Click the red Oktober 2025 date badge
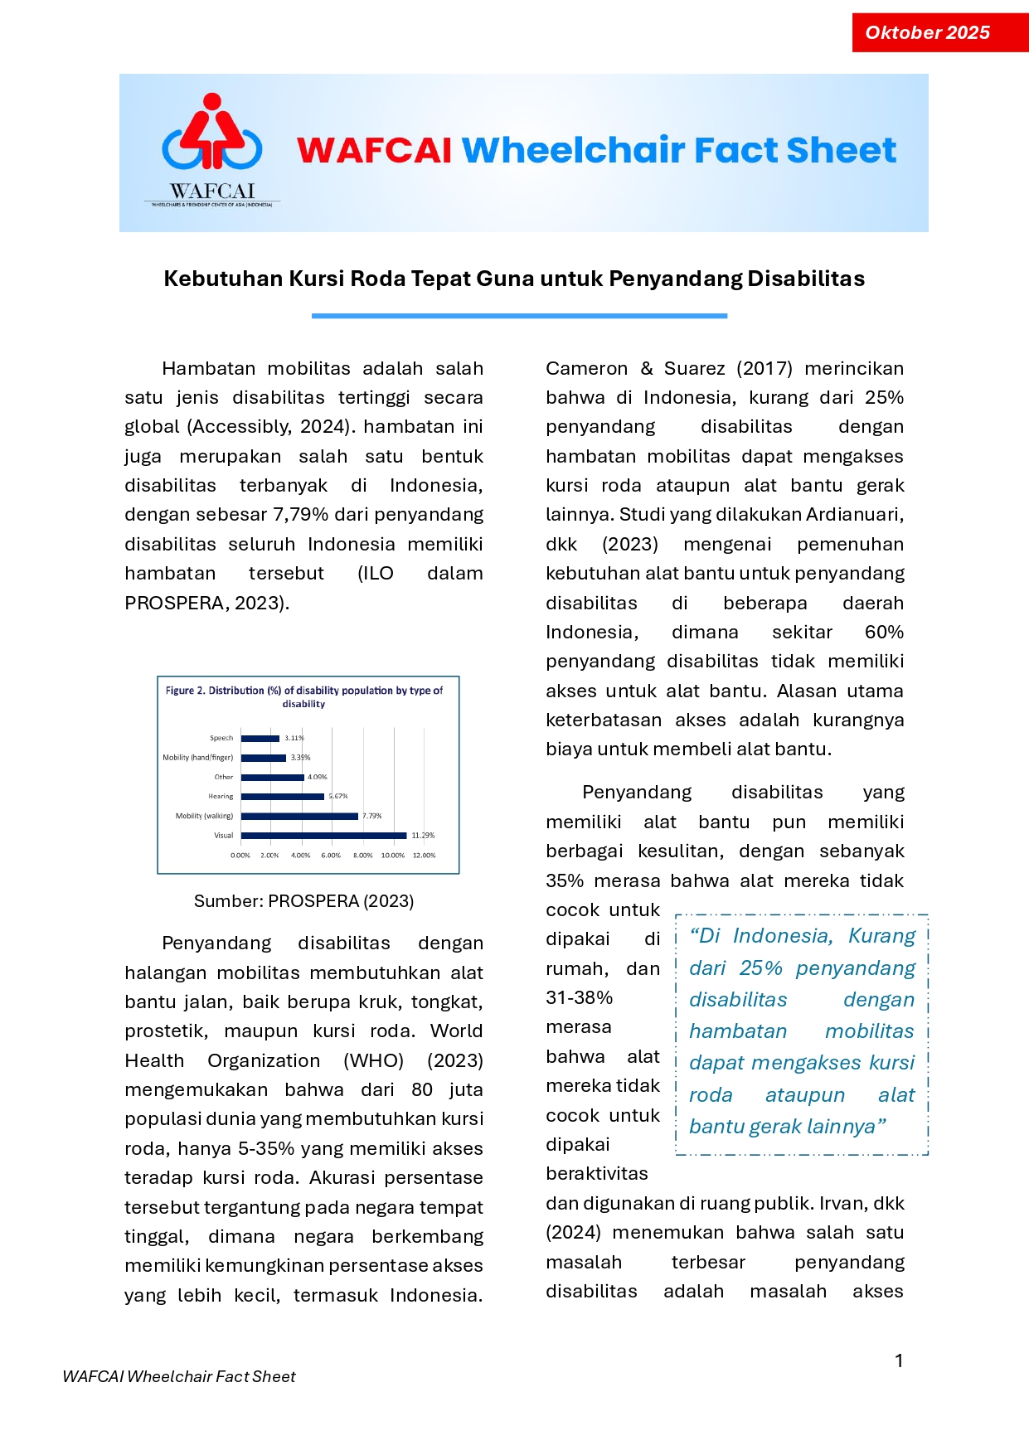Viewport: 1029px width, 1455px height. [939, 33]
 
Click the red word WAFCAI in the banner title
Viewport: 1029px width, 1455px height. [374, 151]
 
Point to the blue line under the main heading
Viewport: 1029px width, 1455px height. [519, 316]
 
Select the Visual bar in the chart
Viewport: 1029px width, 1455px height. [323, 836]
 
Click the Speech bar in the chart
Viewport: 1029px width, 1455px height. [260, 738]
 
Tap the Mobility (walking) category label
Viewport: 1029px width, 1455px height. [204, 816]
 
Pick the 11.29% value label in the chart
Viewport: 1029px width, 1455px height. [423, 836]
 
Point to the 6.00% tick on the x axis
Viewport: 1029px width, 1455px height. [331, 855]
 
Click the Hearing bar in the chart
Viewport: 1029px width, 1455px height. [282, 797]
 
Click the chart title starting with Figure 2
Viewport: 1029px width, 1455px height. [303, 696]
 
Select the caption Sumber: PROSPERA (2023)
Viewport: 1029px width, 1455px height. [303, 901]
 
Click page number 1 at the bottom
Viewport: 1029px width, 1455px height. [899, 1360]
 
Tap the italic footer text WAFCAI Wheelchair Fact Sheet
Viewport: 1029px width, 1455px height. [179, 1377]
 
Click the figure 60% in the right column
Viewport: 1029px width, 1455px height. [884, 633]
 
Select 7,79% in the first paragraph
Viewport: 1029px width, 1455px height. [301, 515]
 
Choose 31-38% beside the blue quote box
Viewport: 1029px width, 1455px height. [579, 998]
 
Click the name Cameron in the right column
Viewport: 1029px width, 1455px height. [586, 369]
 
